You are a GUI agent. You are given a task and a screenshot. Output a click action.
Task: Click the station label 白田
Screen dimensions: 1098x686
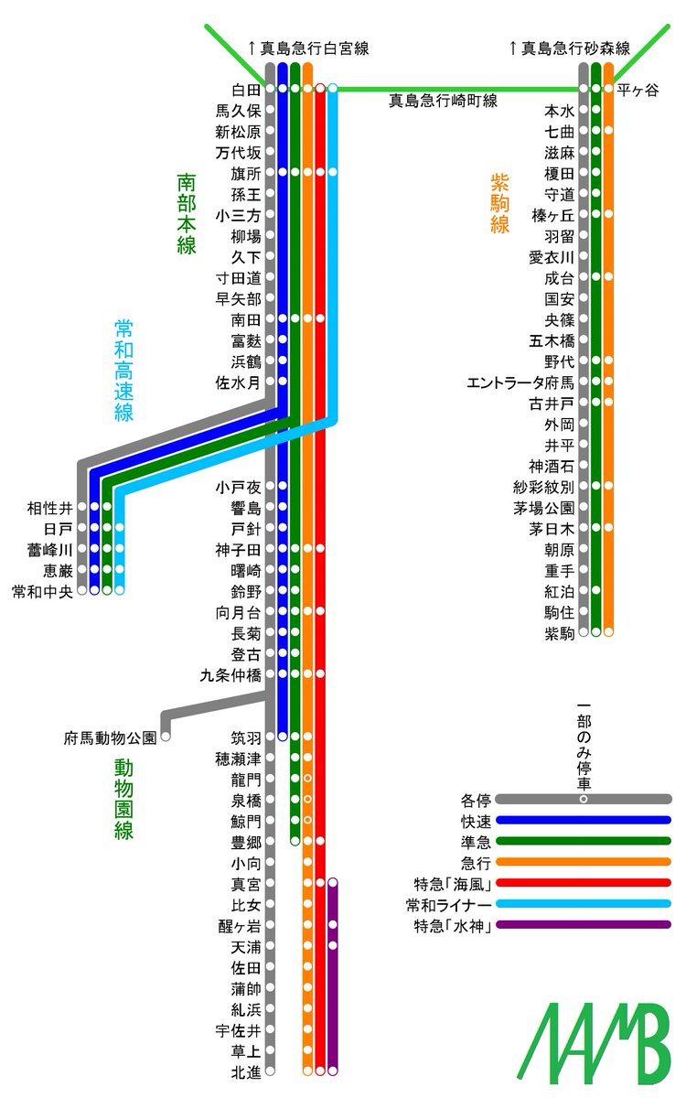(246, 90)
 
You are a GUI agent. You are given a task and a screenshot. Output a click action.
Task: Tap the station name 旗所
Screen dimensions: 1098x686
(246, 173)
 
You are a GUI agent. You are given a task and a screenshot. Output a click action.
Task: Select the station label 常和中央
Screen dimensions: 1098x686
(41, 590)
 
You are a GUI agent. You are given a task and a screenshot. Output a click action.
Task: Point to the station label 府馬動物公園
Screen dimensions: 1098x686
(110, 737)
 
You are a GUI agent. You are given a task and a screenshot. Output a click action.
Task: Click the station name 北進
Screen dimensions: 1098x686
(246, 1071)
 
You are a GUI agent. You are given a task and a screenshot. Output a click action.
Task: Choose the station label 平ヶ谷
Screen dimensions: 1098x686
(638, 90)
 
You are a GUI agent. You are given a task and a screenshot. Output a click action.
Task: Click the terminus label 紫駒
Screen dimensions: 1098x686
(559, 632)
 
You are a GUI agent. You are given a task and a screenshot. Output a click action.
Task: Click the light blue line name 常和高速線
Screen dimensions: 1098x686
(124, 370)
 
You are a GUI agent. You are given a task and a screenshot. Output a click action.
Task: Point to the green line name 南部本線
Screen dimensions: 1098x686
(187, 214)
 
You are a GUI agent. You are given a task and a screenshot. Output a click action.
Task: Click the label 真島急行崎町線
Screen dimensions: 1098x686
(443, 101)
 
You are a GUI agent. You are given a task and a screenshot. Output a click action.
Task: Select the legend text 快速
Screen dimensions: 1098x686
(477, 821)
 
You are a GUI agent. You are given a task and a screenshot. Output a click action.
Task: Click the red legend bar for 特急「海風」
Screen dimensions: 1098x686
(584, 884)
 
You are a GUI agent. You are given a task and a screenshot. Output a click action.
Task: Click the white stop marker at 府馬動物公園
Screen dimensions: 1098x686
(166, 736)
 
